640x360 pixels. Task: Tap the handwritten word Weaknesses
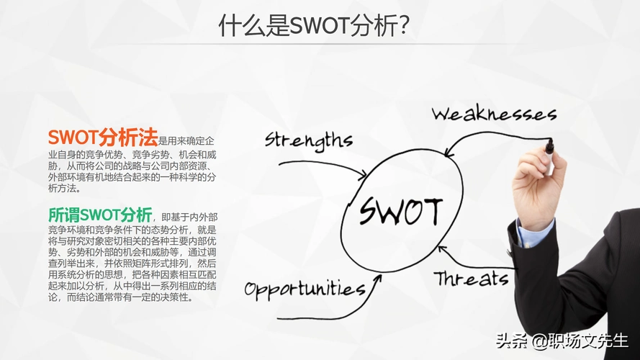click(494, 114)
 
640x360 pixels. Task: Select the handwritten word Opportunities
click(305, 289)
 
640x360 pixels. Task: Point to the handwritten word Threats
click(471, 278)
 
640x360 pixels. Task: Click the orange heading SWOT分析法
click(103, 137)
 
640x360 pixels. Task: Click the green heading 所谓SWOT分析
click(100, 215)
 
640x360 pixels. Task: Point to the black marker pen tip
click(549, 147)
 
